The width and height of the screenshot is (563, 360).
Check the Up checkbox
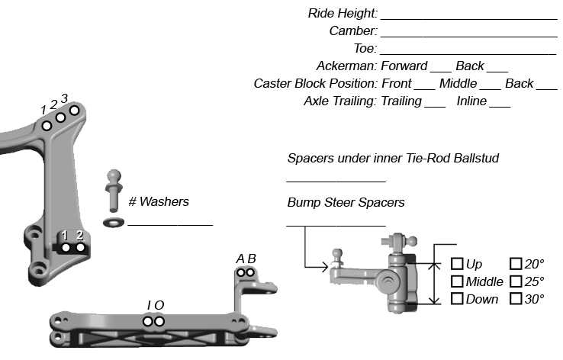pyautogui.click(x=457, y=264)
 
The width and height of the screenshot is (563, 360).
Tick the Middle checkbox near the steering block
pyautogui.click(x=457, y=281)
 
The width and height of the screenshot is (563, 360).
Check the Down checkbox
pyautogui.click(x=457, y=298)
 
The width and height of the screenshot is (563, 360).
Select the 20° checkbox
pyautogui.click(x=516, y=264)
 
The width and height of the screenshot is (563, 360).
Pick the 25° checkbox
pyautogui.click(x=516, y=281)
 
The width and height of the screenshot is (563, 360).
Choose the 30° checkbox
pyautogui.click(x=516, y=298)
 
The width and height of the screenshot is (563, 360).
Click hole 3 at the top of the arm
pyautogui.click(x=74, y=111)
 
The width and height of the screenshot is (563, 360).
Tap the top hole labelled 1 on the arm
pyautogui.click(x=47, y=125)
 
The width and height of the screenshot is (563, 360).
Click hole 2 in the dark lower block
pyautogui.click(x=79, y=248)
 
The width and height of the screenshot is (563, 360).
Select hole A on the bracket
pyautogui.click(x=241, y=272)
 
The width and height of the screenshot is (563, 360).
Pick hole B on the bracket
pyautogui.click(x=250, y=272)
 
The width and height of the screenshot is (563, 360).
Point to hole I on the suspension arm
pyautogui.click(x=149, y=321)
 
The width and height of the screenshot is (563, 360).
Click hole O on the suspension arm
pyautogui.click(x=159, y=321)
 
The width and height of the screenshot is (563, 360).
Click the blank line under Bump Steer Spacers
pyautogui.click(x=336, y=224)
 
